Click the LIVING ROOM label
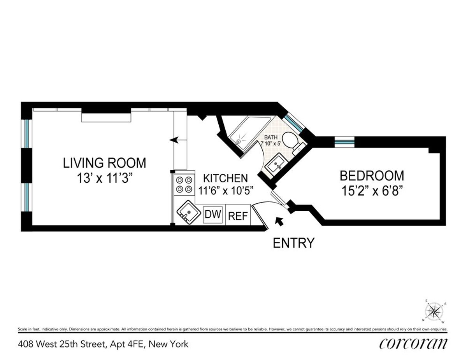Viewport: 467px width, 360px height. pos(105,163)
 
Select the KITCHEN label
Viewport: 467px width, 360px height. pos(226,178)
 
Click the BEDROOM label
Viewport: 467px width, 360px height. pos(372,176)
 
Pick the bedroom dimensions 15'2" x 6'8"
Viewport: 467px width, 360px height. pos(372,192)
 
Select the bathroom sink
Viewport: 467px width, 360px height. pos(277,166)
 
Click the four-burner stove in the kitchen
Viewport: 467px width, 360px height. pos(184,185)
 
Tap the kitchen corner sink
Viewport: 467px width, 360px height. pos(188,212)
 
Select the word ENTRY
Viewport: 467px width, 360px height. pos(293,243)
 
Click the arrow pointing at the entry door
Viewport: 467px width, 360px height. pos(279,221)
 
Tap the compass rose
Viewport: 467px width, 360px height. pos(435,311)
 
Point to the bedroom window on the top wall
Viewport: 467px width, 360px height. pos(344,142)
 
